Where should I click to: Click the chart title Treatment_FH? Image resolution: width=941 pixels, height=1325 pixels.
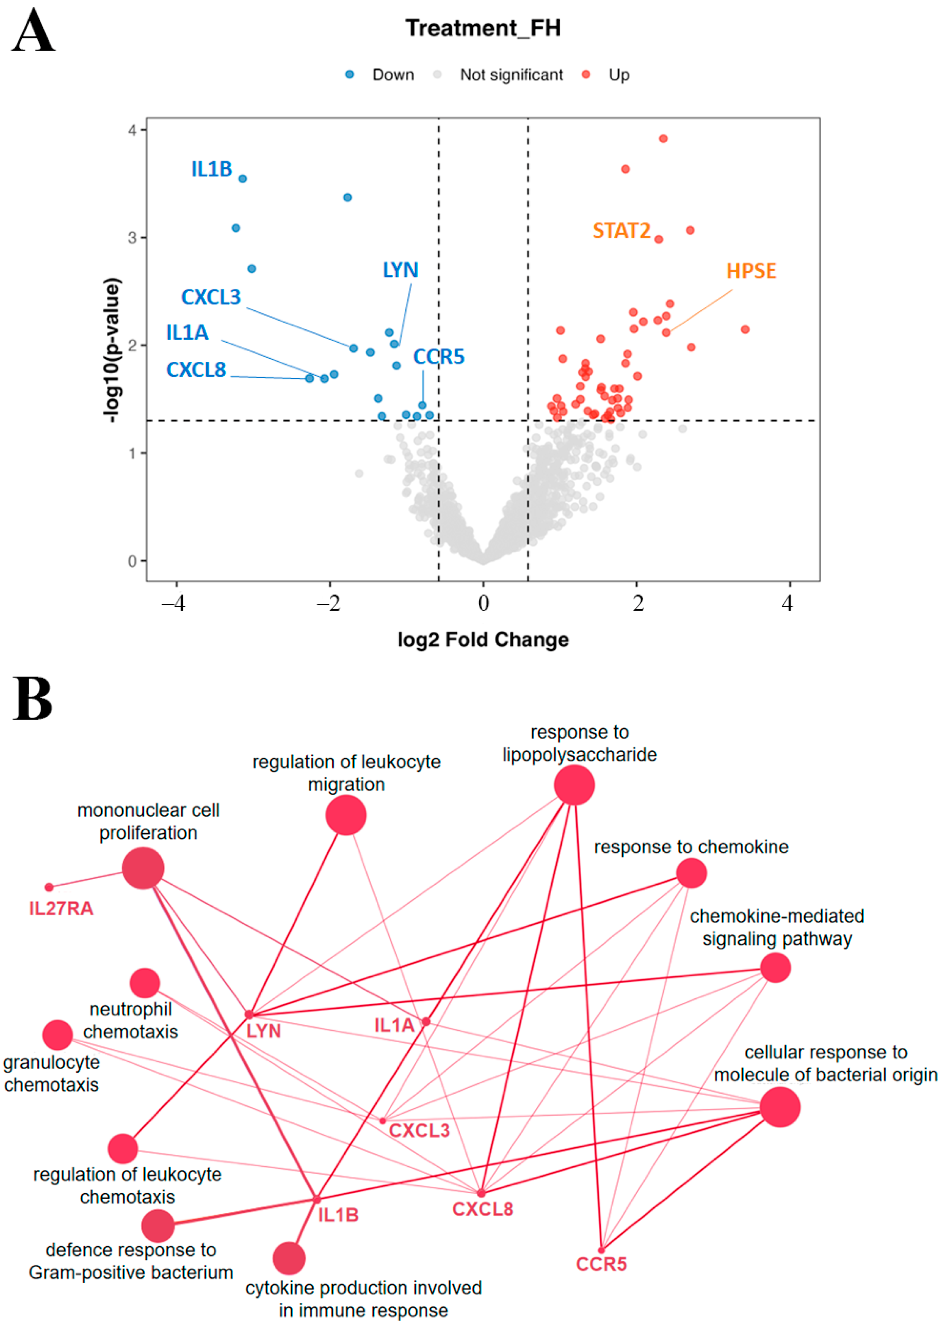483,28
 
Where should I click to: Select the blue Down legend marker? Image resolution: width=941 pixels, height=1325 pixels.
350,74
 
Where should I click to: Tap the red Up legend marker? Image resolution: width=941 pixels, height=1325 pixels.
586,74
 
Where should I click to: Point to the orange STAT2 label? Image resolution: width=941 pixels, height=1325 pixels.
621,231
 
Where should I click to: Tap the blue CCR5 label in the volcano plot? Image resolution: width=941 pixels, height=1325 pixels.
438,356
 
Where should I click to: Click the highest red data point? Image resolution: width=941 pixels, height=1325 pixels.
663,139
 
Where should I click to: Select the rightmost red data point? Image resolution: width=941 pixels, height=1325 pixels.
745,329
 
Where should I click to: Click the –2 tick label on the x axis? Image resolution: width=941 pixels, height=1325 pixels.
328,603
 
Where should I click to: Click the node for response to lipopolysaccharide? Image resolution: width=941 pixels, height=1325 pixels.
574,784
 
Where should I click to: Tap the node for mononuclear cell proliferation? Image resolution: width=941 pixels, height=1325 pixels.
143,868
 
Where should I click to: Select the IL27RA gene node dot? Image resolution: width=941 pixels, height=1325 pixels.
49,887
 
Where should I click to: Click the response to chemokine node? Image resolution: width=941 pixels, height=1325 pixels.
691,873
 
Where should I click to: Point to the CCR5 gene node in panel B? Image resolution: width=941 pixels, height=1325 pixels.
602,1250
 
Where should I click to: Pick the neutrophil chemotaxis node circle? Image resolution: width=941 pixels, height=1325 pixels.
145,983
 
